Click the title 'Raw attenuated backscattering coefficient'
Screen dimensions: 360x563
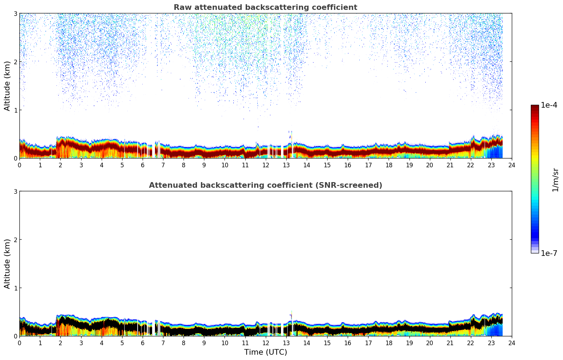[265, 7]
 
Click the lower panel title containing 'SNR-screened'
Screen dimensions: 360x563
[265, 185]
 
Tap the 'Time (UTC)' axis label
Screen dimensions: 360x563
[265, 352]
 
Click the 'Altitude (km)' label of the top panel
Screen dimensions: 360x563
[7, 86]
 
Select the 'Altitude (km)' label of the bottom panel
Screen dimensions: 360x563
[7, 264]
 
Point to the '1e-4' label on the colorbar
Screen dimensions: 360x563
[549, 105]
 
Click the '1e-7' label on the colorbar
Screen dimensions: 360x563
[549, 253]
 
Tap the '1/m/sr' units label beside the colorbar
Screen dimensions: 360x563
[555, 180]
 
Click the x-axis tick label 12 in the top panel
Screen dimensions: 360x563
[265, 165]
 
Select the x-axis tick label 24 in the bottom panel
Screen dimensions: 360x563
[512, 343]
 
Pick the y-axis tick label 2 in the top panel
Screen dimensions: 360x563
[16, 62]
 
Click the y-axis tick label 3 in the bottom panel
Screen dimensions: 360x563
[16, 191]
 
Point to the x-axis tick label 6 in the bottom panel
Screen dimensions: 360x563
[143, 343]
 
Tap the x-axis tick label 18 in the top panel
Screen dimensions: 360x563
[389, 165]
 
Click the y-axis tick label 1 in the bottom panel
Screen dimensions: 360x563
[16, 288]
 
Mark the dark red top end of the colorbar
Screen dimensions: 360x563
[535, 107]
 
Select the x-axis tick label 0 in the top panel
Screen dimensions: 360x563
[19, 165]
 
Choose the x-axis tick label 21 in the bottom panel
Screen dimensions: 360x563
[450, 343]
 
